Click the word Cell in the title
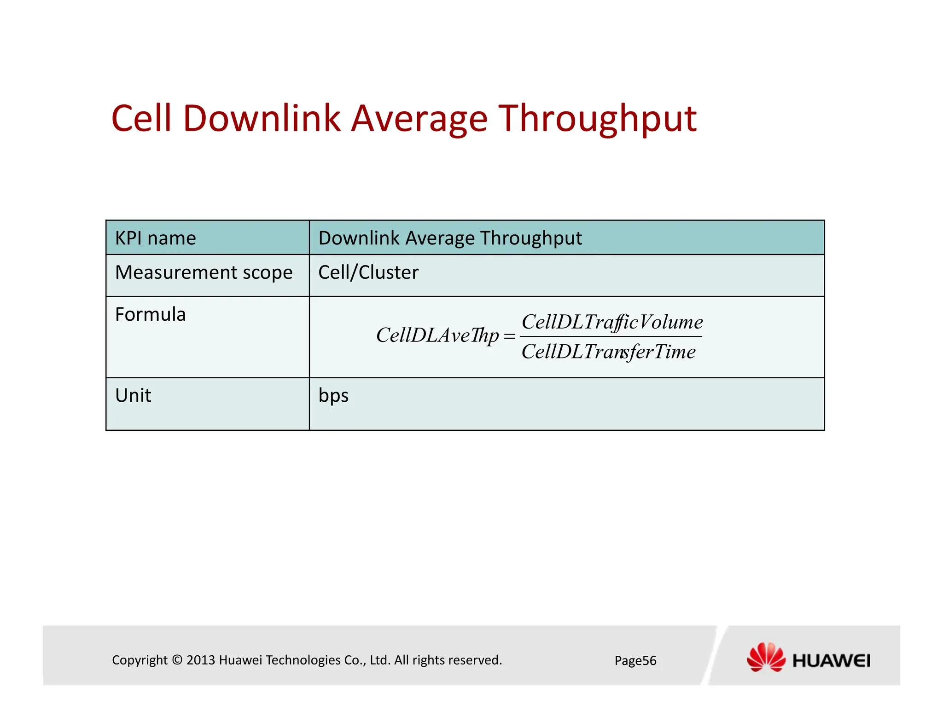[x=141, y=118]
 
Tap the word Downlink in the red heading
[x=261, y=118]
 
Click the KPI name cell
[x=156, y=238]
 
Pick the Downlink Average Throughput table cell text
[x=450, y=238]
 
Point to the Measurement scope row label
[x=204, y=272]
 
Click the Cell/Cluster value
[x=368, y=272]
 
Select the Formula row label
[x=151, y=315]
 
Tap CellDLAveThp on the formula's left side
[x=437, y=335]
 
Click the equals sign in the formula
[x=509, y=336]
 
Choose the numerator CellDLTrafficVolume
[x=612, y=322]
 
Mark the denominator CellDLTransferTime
[x=608, y=352]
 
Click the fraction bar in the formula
[x=611, y=337]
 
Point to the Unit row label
[x=133, y=396]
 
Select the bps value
[x=333, y=396]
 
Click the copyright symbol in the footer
[x=177, y=660]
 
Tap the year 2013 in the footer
[x=201, y=660]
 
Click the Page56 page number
[x=635, y=661]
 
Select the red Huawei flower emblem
[x=766, y=657]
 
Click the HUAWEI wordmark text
[x=831, y=661]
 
